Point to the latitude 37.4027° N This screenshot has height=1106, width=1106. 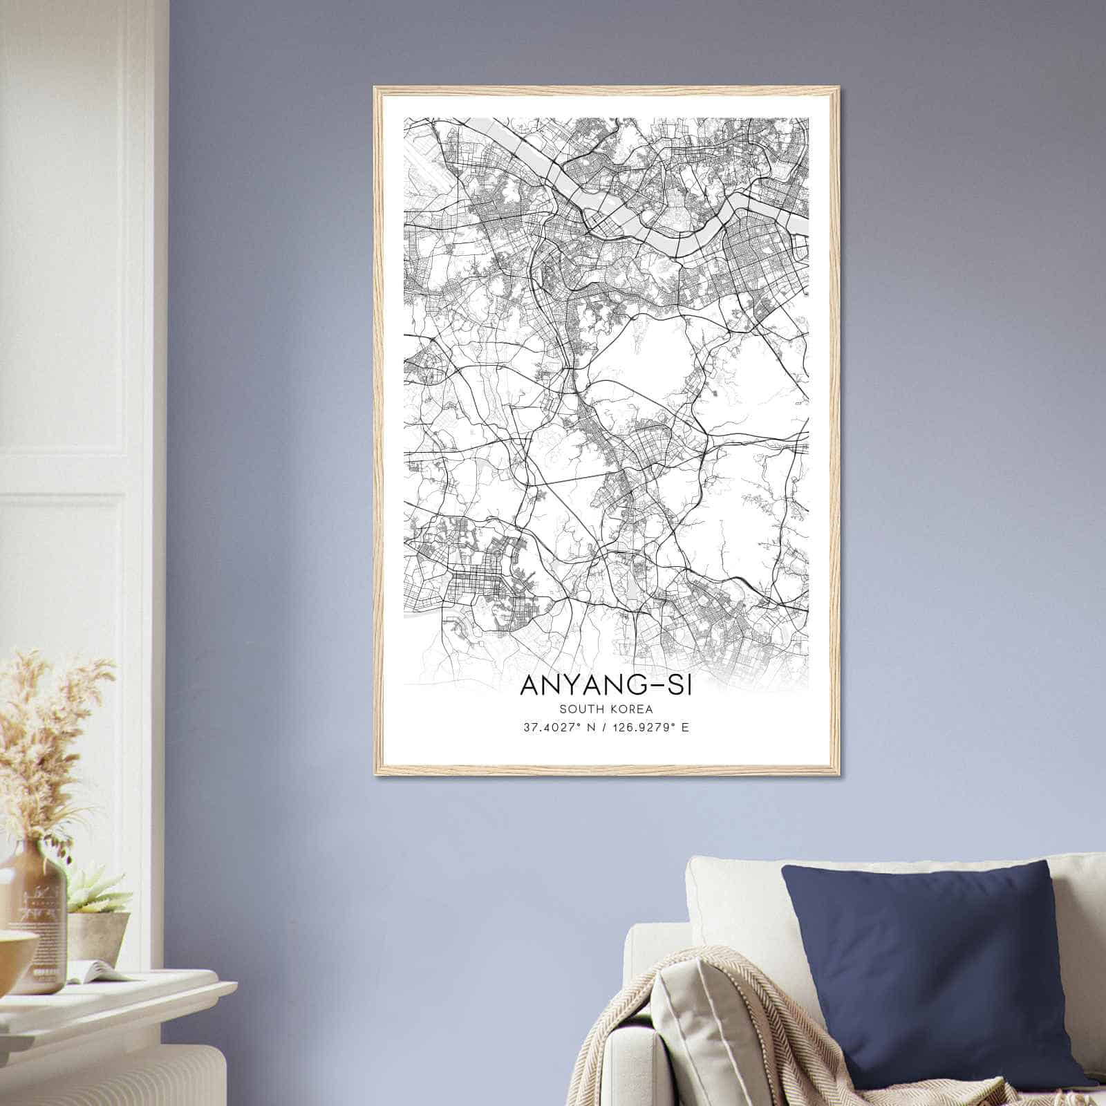coord(556,728)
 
